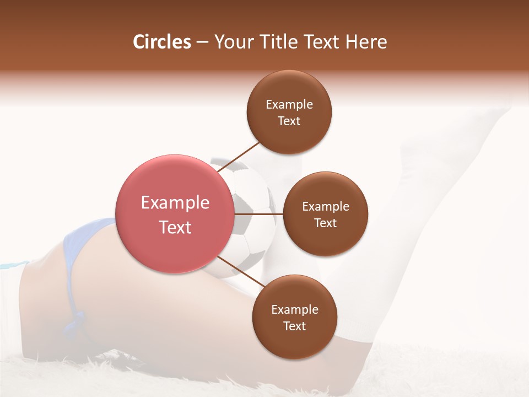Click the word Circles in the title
162,42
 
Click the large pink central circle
175,214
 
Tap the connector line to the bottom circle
241,272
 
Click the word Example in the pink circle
175,202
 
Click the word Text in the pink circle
175,227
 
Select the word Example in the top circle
289,104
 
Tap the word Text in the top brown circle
289,121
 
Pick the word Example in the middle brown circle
326,206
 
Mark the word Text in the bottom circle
294,326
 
